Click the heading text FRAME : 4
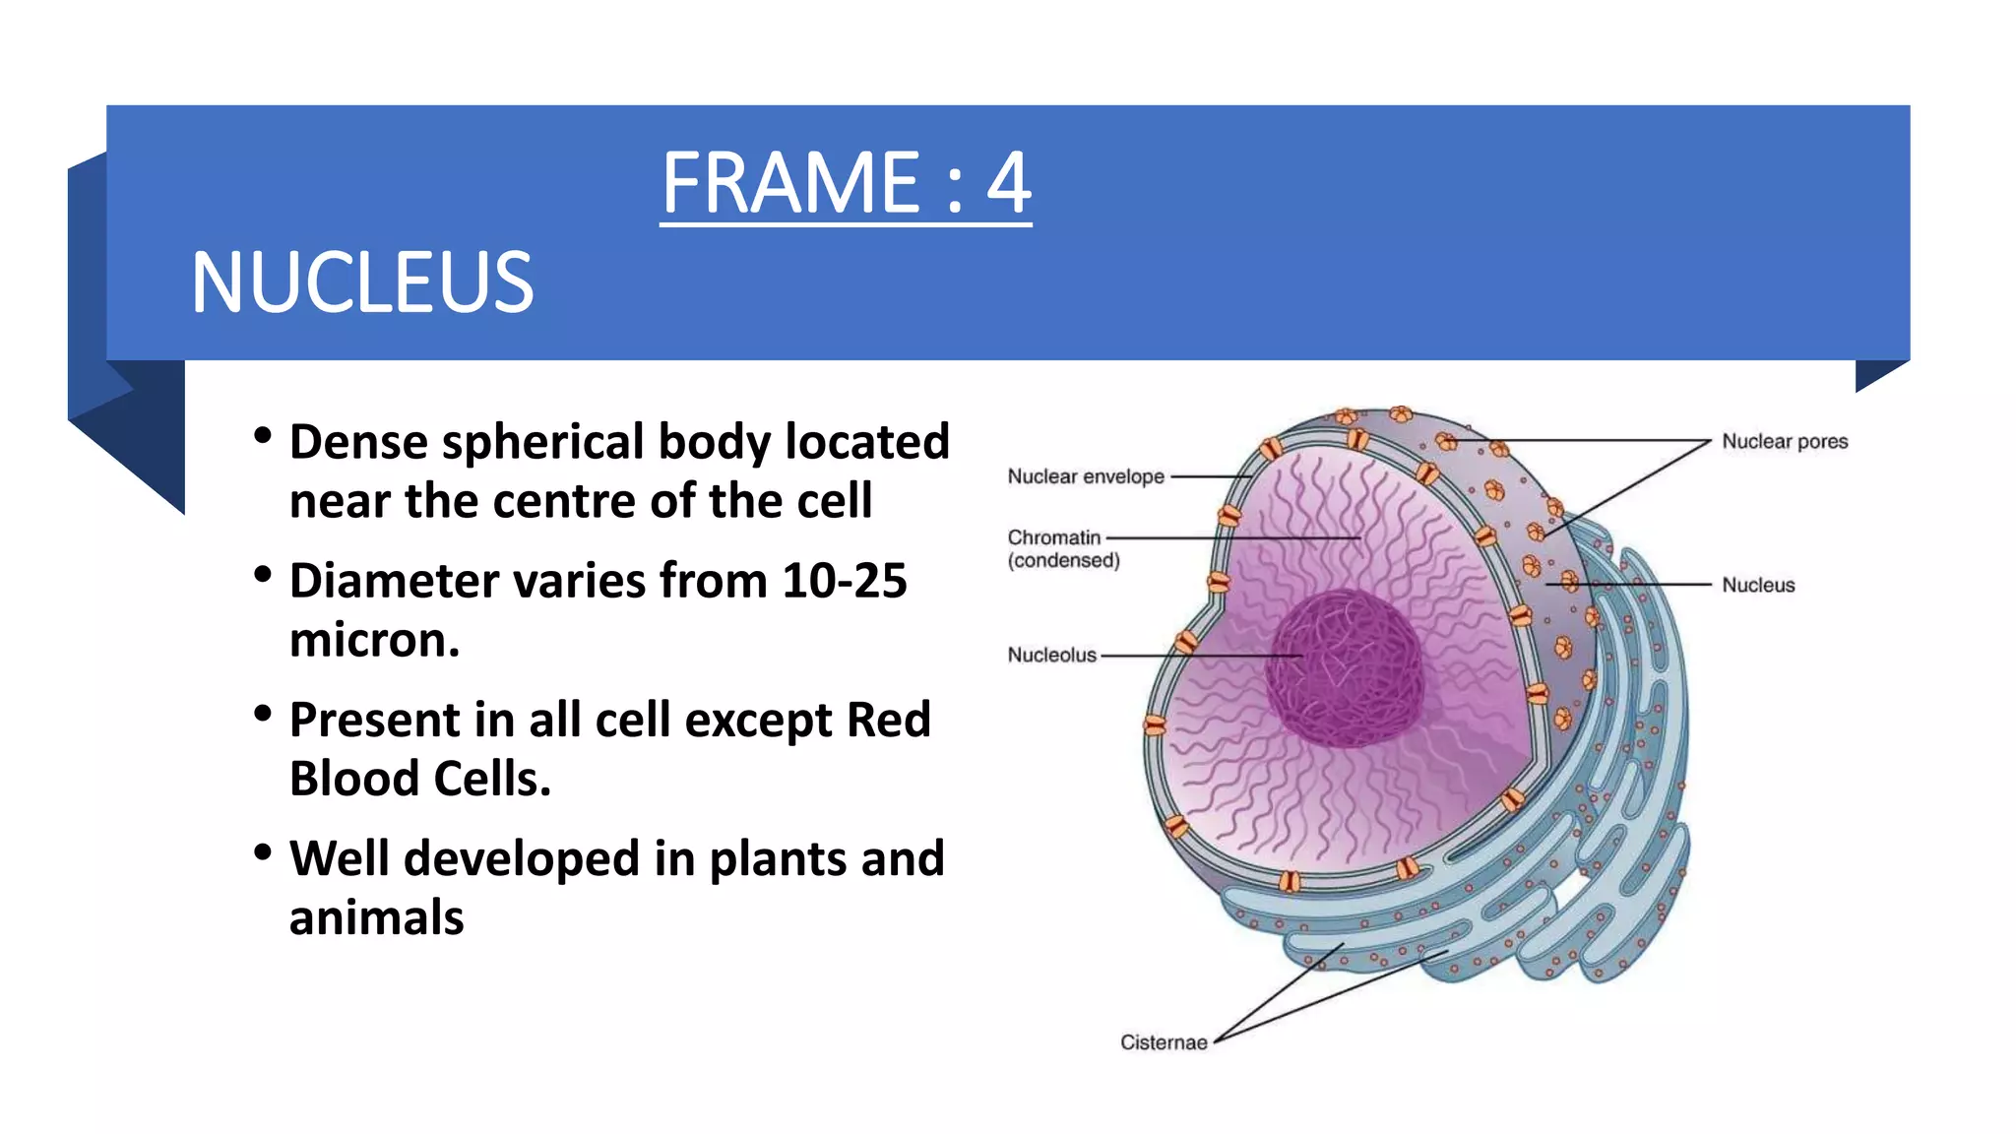click(x=846, y=183)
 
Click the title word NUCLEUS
click(x=362, y=283)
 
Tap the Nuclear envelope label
click(x=1085, y=476)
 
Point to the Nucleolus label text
click(x=1051, y=655)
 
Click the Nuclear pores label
click(x=1784, y=442)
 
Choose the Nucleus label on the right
click(x=1757, y=585)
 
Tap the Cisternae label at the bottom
click(x=1163, y=1042)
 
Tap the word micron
click(x=374, y=641)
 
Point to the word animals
click(x=376, y=918)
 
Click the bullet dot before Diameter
click(x=262, y=574)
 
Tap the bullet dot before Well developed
click(x=262, y=852)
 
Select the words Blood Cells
click(x=419, y=780)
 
